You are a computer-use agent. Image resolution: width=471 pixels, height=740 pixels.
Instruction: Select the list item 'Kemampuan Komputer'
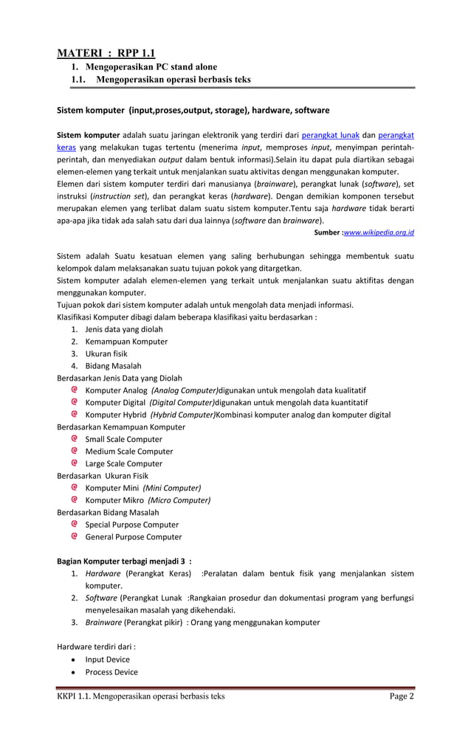[x=126, y=342]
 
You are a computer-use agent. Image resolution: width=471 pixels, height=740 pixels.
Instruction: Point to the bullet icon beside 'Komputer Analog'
[x=75, y=390]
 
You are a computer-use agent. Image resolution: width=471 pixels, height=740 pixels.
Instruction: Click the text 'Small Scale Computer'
[x=123, y=439]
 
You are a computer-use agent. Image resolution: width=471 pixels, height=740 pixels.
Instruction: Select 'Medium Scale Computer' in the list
[x=128, y=452]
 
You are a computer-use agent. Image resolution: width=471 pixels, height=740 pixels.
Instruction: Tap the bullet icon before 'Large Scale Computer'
[x=75, y=463]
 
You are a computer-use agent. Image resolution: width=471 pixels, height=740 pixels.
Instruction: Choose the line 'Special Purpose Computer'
[x=131, y=525]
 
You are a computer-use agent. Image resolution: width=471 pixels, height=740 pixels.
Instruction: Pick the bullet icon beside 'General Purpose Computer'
[x=75, y=536]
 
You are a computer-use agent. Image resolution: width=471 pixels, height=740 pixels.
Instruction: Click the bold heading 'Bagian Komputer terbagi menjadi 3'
[x=123, y=561]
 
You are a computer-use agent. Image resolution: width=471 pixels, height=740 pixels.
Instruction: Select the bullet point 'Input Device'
[x=107, y=660]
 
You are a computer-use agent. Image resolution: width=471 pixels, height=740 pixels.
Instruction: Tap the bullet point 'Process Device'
[x=111, y=672]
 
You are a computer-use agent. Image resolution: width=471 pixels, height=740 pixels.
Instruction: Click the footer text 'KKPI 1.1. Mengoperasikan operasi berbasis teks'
[x=141, y=696]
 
